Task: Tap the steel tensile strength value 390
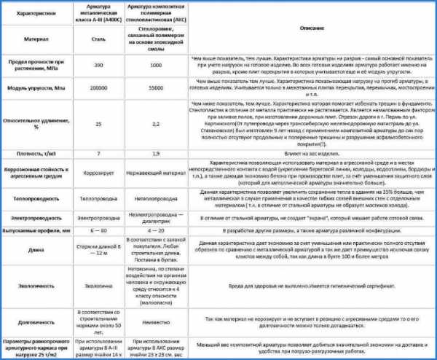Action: point(98,66)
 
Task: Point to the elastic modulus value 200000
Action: point(98,87)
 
